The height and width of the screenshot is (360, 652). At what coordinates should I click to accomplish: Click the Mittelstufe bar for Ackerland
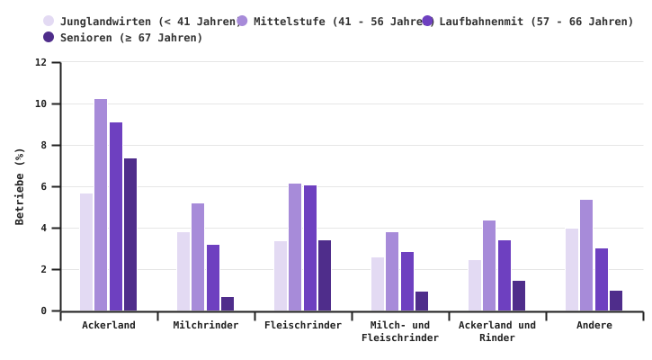pos(101,205)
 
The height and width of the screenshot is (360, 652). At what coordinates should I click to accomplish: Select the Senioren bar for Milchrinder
pos(228,304)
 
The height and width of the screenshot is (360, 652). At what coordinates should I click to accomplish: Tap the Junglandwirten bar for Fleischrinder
pos(281,276)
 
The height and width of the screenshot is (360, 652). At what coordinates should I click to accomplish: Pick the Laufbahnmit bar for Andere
pos(602,280)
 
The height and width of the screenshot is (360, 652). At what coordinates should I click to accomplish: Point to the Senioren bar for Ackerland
pos(130,235)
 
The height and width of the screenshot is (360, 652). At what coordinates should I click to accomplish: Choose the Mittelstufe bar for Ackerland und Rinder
pos(489,265)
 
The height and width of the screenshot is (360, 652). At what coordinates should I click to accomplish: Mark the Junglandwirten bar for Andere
pos(572,270)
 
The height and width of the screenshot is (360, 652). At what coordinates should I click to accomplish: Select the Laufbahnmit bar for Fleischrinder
pos(310,248)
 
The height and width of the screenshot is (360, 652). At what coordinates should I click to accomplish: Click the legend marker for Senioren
pos(49,38)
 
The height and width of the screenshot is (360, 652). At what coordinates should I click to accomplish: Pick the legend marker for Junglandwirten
pos(49,22)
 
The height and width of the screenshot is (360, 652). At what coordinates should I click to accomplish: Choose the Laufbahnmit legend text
pos(536,22)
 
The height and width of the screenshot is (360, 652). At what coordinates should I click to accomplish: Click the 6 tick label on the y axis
pos(42,187)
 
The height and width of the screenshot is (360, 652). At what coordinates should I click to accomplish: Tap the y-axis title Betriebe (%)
pos(20,186)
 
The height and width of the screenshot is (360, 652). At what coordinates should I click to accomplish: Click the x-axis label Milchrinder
pos(206,326)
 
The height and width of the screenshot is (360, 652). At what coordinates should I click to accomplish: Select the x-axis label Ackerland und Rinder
pos(497,331)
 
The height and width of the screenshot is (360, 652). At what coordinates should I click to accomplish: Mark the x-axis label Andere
pos(594,326)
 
